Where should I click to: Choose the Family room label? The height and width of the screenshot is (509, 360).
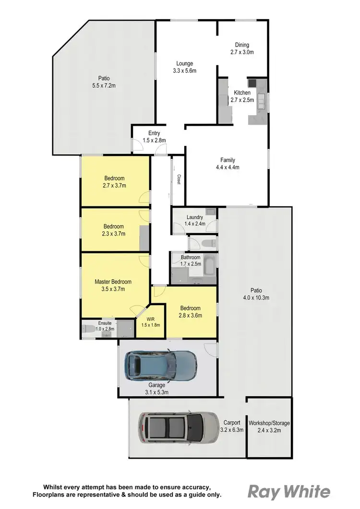228,164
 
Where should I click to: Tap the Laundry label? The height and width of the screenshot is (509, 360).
195,217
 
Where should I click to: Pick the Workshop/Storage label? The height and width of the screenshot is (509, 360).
269,424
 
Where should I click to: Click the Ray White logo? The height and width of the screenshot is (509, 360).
288,492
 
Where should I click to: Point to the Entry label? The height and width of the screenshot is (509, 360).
154,133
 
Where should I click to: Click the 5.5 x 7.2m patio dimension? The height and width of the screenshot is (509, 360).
104,85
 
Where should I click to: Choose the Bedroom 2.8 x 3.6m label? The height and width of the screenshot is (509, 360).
190,311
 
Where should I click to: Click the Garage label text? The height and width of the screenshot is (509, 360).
157,385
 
